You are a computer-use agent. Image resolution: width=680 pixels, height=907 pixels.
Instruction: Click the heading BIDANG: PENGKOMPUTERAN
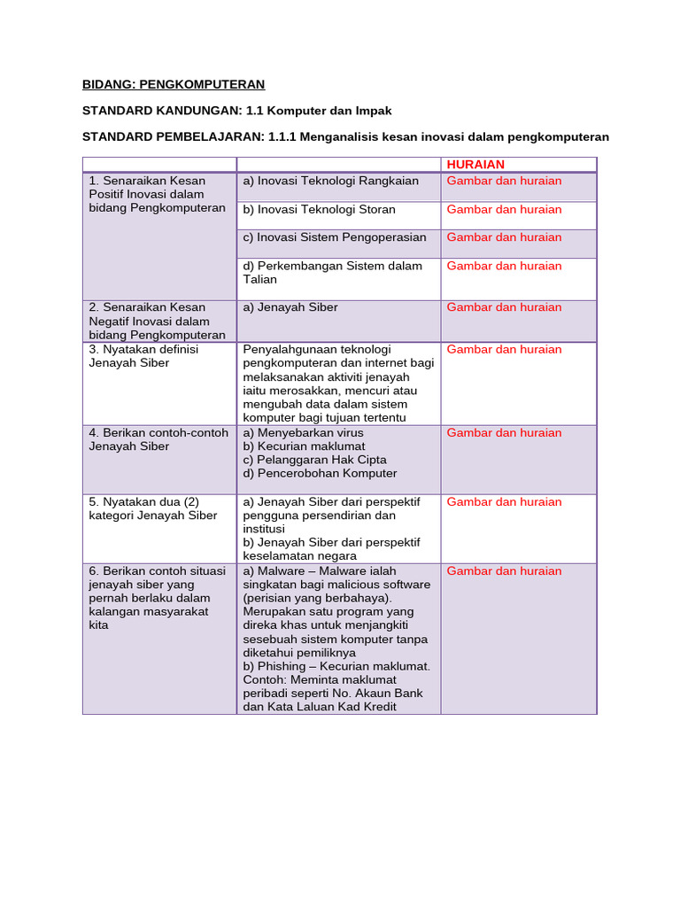pos(174,85)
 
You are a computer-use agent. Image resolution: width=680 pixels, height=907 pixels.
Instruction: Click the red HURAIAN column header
pos(475,165)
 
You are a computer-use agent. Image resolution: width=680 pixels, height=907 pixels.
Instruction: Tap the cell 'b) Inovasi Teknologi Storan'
pos(319,210)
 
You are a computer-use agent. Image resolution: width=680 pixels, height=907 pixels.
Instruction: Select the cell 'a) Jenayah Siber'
pos(290,307)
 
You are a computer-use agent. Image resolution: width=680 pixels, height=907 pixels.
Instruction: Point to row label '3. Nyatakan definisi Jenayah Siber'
pos(143,356)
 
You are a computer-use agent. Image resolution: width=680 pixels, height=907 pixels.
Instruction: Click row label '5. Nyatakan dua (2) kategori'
pos(152,508)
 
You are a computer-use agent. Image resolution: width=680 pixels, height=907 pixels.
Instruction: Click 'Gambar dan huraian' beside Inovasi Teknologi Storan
pos(504,210)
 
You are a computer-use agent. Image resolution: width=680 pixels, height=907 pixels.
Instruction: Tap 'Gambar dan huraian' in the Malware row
pos(504,571)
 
